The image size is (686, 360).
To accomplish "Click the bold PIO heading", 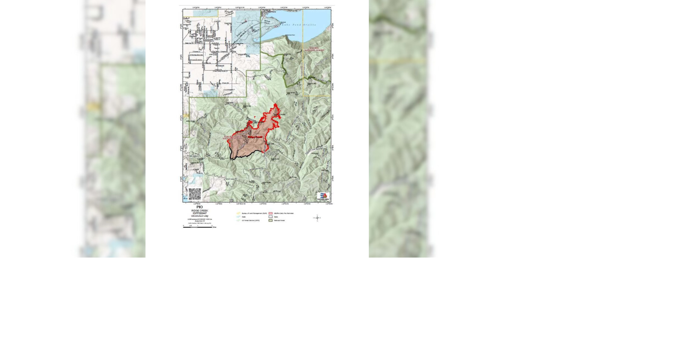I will (x=199, y=207).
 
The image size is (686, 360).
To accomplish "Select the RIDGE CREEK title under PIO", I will (x=199, y=210).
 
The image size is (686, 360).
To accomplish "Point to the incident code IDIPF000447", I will (x=199, y=213).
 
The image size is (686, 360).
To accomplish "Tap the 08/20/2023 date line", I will (x=199, y=216).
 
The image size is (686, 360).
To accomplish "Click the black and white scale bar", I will (x=198, y=227).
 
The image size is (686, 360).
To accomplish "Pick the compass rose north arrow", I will (x=317, y=218).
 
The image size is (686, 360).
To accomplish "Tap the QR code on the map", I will (x=195, y=194).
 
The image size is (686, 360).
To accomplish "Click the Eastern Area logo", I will (x=323, y=197).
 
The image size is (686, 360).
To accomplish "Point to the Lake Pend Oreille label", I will (x=299, y=25).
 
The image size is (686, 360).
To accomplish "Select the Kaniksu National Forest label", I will (x=314, y=50).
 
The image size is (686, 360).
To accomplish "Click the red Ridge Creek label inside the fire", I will (x=255, y=137).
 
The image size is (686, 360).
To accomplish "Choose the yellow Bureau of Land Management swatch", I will (x=238, y=213).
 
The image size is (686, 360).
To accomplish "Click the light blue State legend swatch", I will (x=238, y=217).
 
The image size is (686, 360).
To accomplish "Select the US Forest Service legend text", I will (x=251, y=221).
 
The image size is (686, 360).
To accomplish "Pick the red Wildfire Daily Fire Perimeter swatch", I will (x=271, y=213).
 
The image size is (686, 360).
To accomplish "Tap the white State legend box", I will (x=271, y=217).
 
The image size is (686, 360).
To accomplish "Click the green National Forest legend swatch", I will (x=271, y=221).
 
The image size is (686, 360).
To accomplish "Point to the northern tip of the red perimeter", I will (x=275, y=104).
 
